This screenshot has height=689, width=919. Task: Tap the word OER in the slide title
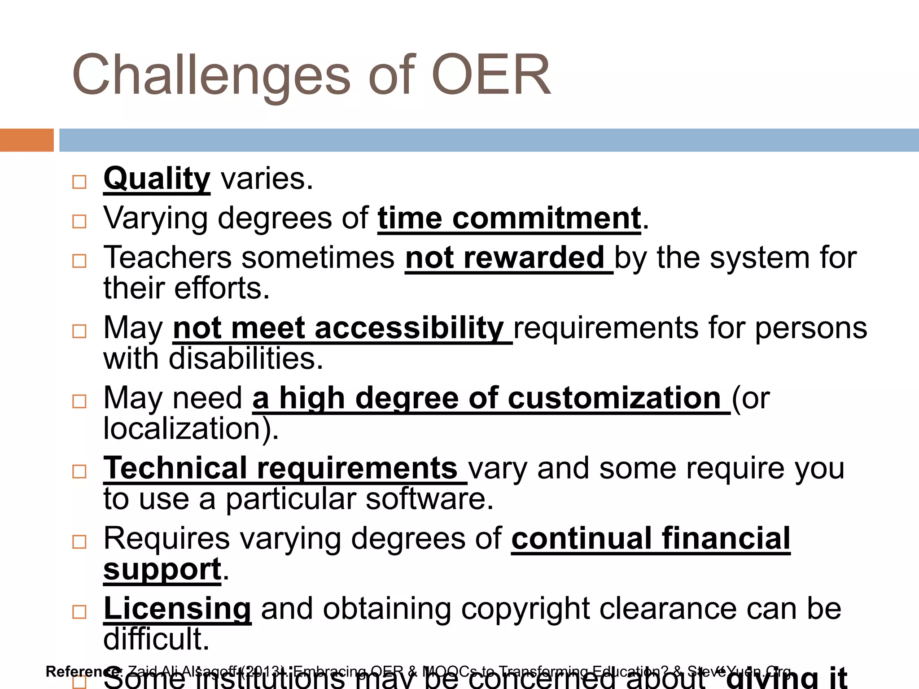[491, 75]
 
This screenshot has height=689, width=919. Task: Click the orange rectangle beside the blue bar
[26, 140]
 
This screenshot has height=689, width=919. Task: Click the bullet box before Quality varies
[79, 182]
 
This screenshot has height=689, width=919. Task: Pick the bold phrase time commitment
[509, 219]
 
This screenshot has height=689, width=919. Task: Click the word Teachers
[167, 258]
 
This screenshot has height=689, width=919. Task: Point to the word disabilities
[245, 359]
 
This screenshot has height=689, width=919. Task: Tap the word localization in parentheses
[182, 429]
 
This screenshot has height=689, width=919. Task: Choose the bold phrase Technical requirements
[280, 468]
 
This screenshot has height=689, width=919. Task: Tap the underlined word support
[162, 570]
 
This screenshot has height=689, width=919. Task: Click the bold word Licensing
[177, 609]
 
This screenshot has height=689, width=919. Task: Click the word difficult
[157, 639]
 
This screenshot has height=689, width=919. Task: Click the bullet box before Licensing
[79, 611]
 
